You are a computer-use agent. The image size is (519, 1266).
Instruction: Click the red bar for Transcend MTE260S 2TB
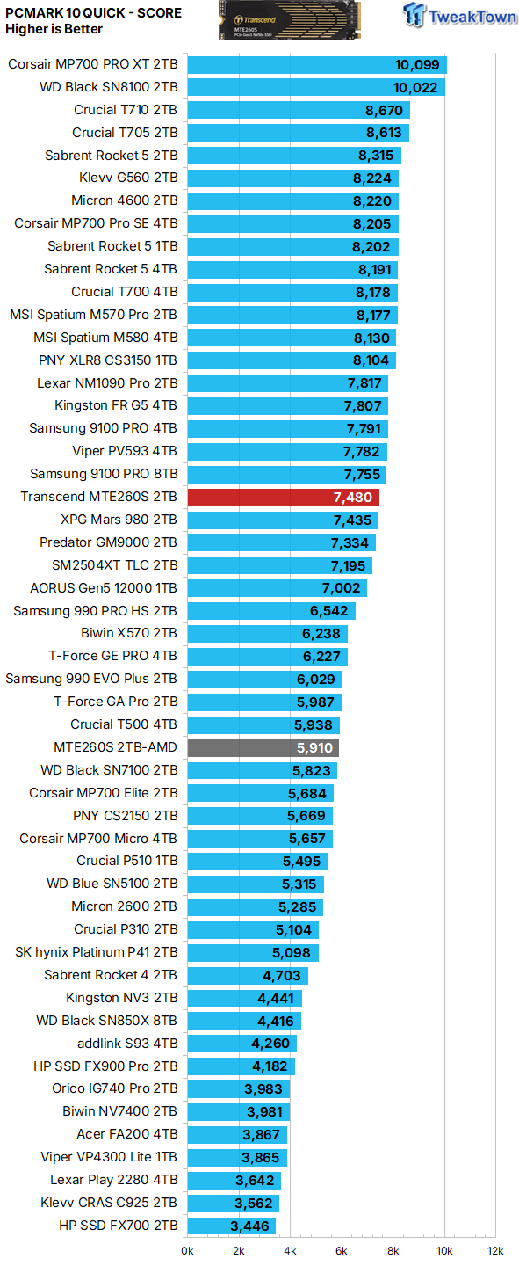(283, 497)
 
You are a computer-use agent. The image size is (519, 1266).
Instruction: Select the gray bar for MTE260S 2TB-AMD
(263, 747)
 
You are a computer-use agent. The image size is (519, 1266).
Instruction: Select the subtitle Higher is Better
(54, 29)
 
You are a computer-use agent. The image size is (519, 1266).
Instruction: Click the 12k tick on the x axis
(496, 1250)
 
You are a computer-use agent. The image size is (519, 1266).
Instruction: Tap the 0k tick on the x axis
(188, 1250)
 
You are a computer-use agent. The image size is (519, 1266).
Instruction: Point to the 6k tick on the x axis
(342, 1250)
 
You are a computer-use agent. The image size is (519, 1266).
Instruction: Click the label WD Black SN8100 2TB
(109, 87)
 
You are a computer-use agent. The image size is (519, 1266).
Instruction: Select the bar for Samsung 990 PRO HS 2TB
(271, 611)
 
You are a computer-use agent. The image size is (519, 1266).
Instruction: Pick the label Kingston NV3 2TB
(121, 998)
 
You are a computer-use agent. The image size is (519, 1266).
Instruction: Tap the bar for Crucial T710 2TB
(299, 110)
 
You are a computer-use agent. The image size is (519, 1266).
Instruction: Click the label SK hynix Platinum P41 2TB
(97, 952)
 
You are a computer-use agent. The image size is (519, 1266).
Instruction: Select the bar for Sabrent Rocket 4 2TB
(248, 975)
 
